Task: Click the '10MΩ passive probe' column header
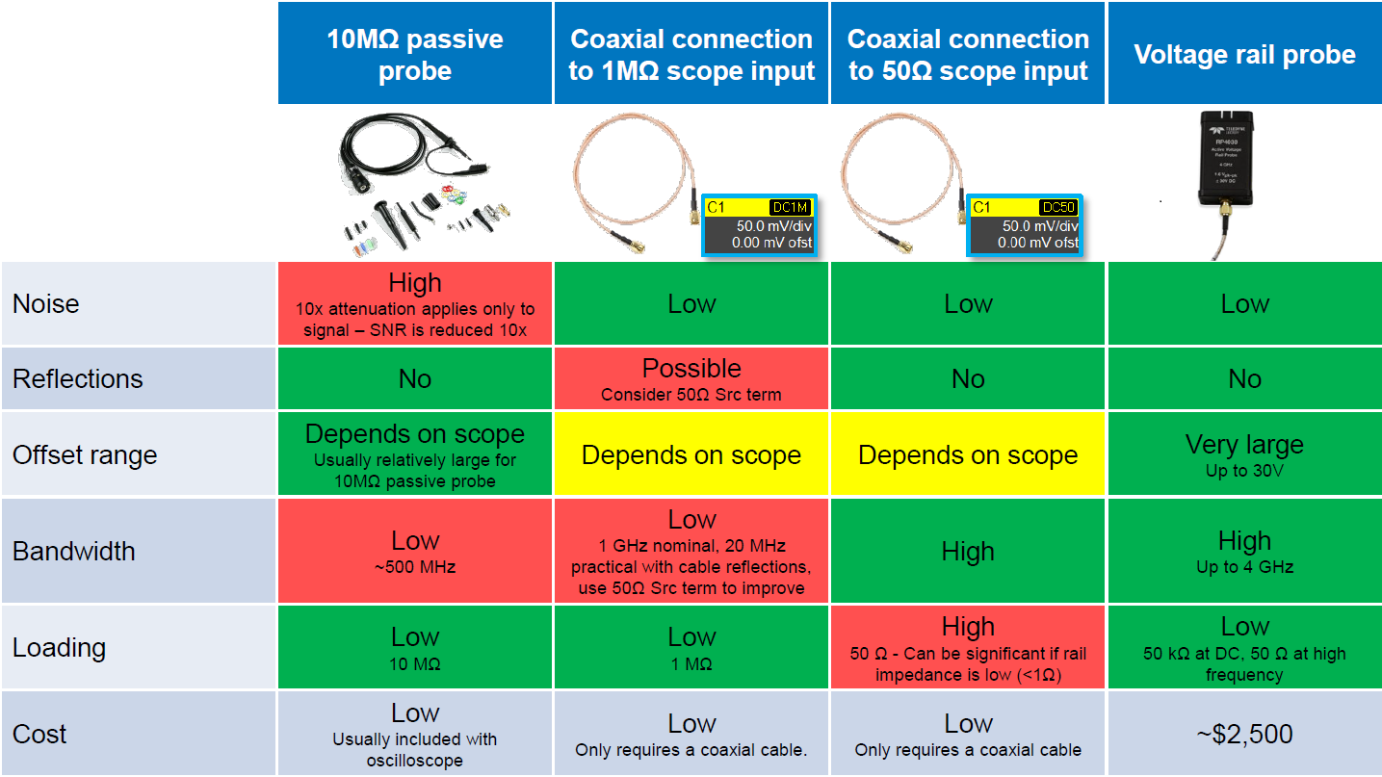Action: pos(415,54)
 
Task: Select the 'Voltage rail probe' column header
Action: pos(1244,54)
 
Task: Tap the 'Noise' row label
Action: pos(46,304)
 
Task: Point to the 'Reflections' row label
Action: pos(77,379)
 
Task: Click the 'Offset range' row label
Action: pos(85,454)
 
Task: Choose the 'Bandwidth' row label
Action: pos(73,552)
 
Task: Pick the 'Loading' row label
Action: pos(59,648)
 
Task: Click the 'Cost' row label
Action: pos(39,734)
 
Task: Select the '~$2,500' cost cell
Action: pos(1244,734)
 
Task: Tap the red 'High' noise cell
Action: pos(415,303)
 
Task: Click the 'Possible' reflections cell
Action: pos(691,379)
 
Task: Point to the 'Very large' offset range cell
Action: pos(1244,454)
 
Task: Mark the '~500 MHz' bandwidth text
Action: pos(415,567)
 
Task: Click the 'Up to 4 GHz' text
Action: pos(1244,567)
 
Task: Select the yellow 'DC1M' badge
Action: pos(791,207)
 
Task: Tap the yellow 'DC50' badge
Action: pos(1057,207)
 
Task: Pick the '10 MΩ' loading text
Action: pos(415,663)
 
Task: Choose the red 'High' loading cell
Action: pos(968,647)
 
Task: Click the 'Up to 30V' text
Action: pos(1244,471)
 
